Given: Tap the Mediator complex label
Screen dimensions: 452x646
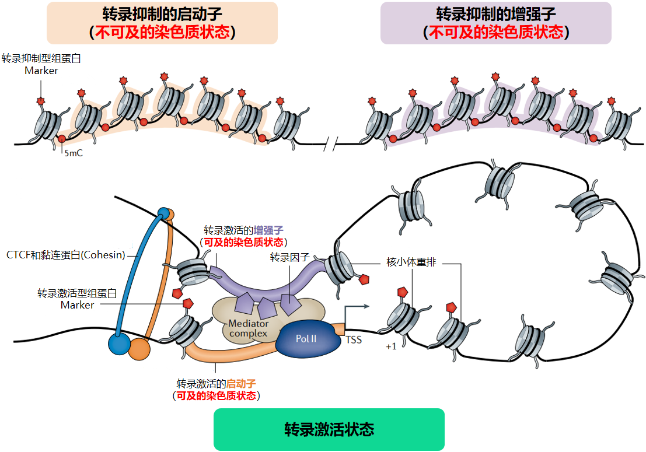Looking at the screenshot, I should coord(249,328).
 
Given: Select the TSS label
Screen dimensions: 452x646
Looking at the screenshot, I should coord(354,339).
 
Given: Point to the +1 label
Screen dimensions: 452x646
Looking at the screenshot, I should coord(391,346).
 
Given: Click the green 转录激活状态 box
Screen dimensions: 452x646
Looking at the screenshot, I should coord(329,430).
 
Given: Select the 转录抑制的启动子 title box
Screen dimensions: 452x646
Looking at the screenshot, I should coord(162,23).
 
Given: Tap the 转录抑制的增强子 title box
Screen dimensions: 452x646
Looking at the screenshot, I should coord(495,23).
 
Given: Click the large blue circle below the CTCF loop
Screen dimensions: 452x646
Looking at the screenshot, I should coord(119,344).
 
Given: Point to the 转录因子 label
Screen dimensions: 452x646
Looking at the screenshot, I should coord(289,257).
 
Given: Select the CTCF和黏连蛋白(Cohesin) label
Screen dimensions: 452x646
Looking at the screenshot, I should coord(66,255).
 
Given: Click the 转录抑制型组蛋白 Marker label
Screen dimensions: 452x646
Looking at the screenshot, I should coord(41,64).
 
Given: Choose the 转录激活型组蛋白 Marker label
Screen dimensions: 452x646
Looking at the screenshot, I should coord(77,299).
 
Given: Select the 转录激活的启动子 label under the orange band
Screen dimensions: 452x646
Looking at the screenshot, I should coord(216,390).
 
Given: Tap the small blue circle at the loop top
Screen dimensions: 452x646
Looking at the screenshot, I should coord(163,212).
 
